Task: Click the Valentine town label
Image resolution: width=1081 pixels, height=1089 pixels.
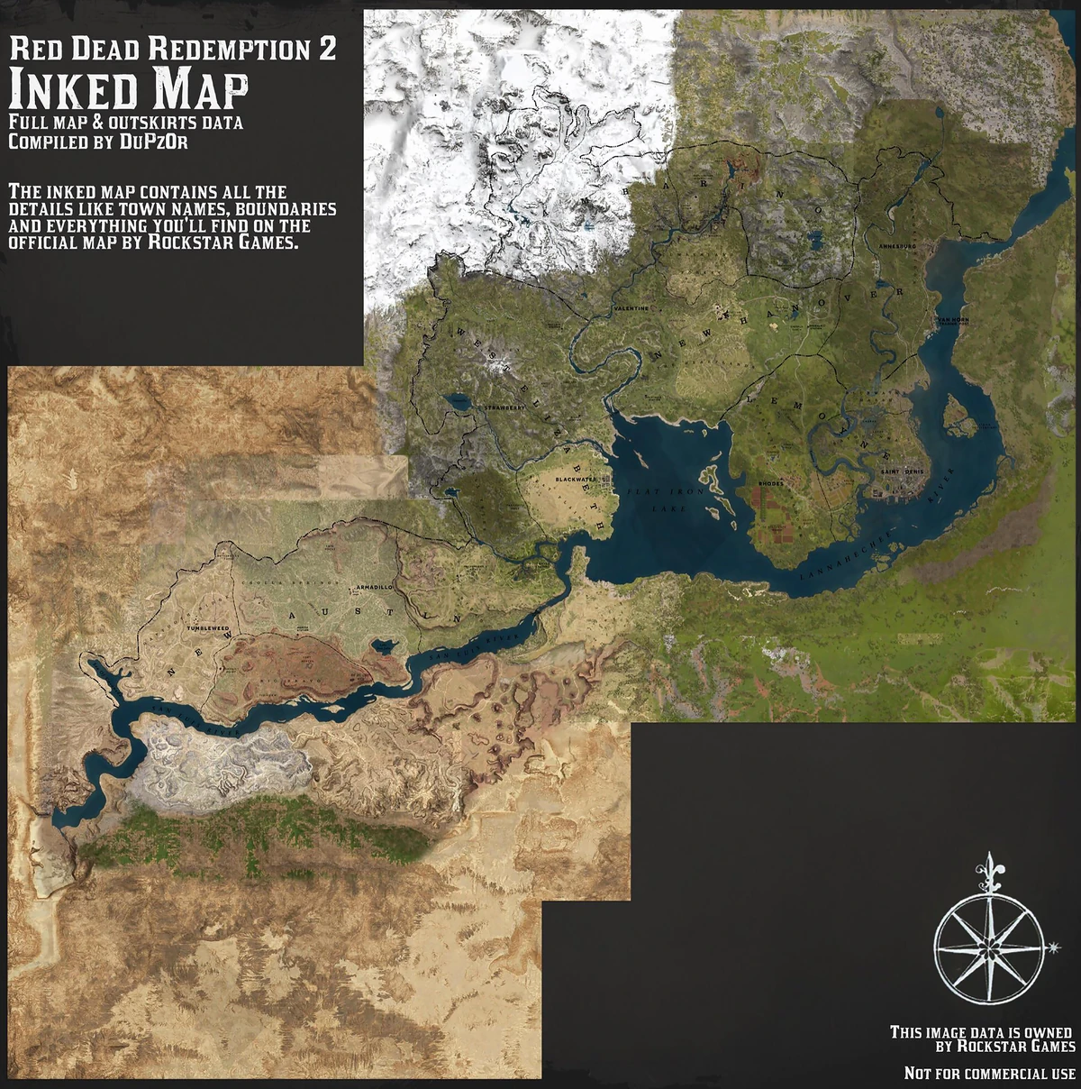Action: point(631,308)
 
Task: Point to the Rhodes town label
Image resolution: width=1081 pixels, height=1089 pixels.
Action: point(771,484)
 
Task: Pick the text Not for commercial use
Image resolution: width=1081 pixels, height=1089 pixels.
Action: point(989,1074)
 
